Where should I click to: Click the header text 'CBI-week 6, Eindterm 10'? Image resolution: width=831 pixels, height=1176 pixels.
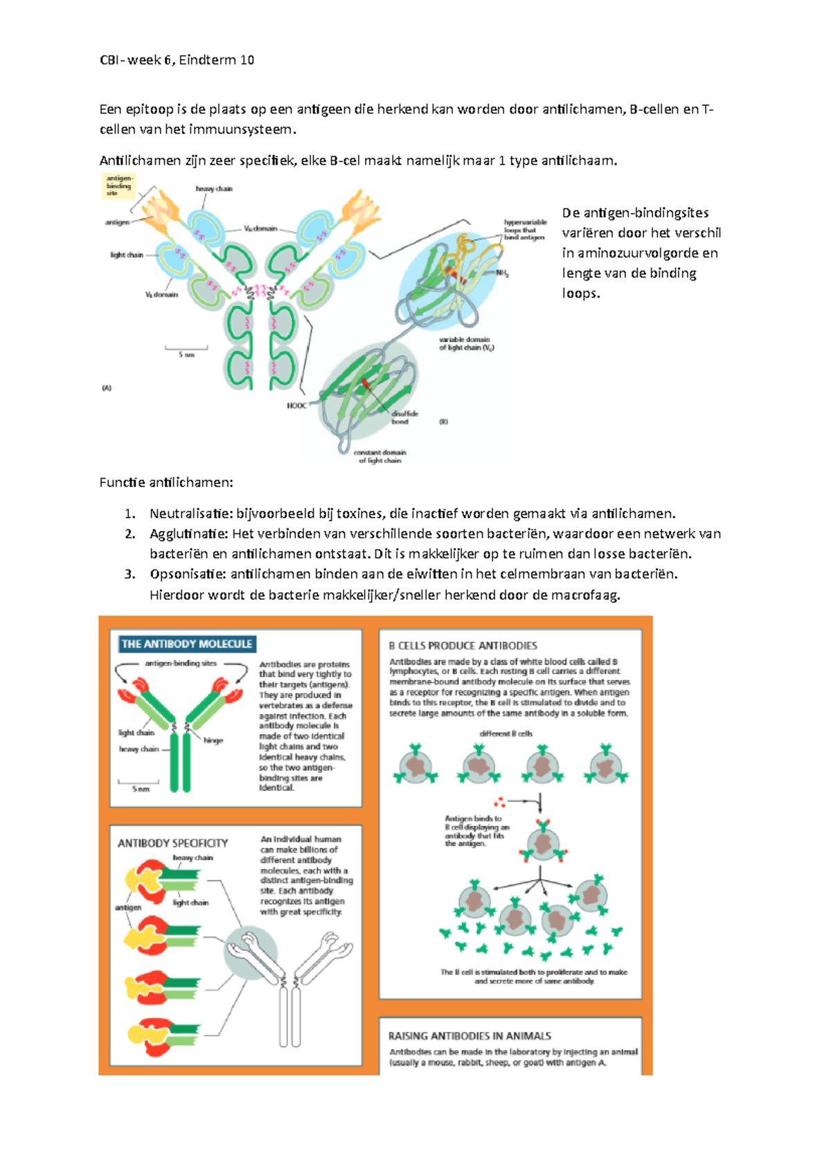click(x=177, y=60)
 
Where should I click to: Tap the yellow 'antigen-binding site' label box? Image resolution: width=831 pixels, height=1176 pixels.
click(x=118, y=186)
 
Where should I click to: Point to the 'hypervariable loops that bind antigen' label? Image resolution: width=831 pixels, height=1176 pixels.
click(x=525, y=230)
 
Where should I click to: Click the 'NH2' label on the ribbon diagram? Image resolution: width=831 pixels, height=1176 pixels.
click(x=502, y=274)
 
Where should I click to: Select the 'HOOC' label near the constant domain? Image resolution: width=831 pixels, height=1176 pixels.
click(x=296, y=406)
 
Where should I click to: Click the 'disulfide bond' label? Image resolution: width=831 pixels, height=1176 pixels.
click(x=404, y=418)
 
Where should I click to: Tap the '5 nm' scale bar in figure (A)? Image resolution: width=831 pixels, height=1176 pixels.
click(x=186, y=351)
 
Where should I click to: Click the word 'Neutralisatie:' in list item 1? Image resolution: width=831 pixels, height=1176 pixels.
click(x=190, y=514)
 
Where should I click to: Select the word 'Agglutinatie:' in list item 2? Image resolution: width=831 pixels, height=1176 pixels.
click(x=188, y=534)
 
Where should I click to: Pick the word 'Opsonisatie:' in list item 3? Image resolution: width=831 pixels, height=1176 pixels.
click(x=188, y=574)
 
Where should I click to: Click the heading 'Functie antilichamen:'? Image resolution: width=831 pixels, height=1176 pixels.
click(x=166, y=483)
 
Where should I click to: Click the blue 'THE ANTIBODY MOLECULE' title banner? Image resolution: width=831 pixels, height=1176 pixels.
click(x=187, y=644)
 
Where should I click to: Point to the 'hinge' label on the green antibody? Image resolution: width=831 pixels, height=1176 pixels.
click(x=213, y=740)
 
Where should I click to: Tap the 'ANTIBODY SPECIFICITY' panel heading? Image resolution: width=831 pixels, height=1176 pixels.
click(x=172, y=844)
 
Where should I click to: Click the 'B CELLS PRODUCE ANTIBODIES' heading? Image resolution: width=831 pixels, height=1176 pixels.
click(x=463, y=645)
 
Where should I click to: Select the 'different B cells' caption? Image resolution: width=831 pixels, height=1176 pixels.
click(x=506, y=733)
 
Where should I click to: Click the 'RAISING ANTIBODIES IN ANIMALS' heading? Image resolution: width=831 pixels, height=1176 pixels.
click(x=470, y=1036)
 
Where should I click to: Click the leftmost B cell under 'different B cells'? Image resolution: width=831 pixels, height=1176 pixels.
click(x=415, y=766)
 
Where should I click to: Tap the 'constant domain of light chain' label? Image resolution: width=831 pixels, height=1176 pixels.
click(x=379, y=456)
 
